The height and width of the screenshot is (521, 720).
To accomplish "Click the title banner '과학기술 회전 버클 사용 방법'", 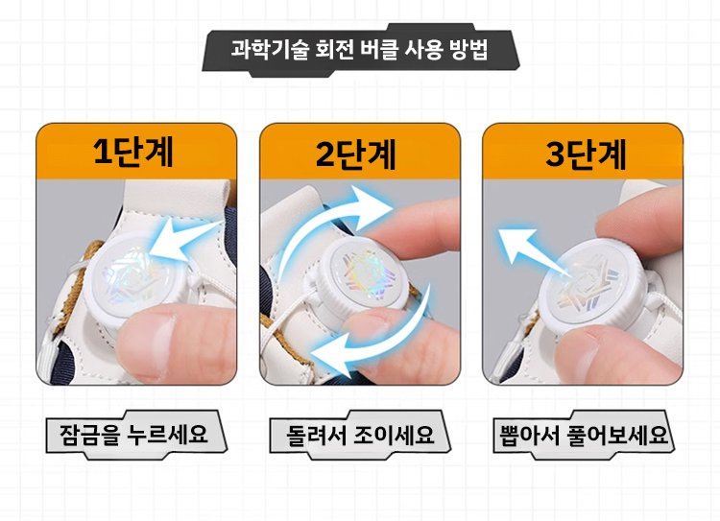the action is coord(359,49).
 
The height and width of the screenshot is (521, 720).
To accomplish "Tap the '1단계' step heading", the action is coord(133,152).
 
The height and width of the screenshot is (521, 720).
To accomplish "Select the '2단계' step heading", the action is coord(356,154).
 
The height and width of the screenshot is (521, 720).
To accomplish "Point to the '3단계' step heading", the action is coord(586,154).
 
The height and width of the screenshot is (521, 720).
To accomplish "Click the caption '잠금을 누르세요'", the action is coord(133,434).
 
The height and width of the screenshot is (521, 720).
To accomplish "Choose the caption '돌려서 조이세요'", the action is coord(360,435).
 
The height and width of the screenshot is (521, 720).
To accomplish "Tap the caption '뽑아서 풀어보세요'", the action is coord(584,436).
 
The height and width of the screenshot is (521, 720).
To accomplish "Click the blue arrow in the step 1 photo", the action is coord(186,241).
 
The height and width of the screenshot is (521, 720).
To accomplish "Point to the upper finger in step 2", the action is coord(416,225).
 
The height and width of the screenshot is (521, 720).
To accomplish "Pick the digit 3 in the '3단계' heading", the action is coord(556,154).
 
